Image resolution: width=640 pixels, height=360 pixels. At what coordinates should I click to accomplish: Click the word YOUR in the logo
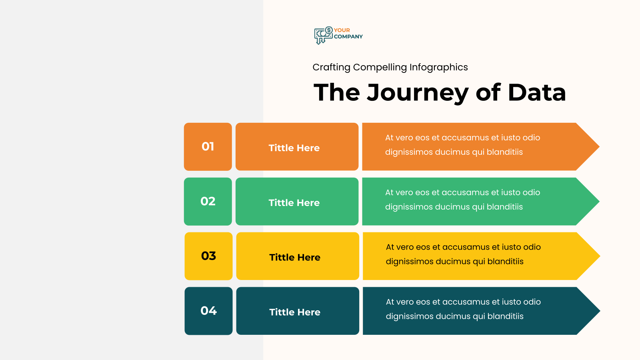point(342,30)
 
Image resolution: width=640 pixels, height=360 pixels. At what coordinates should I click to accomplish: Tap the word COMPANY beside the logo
point(348,36)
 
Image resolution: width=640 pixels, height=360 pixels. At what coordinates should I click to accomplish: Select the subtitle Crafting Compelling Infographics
point(390,68)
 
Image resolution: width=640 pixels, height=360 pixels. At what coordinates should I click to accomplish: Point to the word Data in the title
point(536,92)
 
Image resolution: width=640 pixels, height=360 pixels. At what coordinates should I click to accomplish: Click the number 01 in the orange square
point(208,146)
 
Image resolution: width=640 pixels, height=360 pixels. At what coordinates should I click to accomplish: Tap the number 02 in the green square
point(208,202)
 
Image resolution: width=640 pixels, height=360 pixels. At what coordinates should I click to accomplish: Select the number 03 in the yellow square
point(208,256)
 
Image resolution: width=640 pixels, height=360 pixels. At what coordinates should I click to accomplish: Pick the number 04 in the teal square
point(208,311)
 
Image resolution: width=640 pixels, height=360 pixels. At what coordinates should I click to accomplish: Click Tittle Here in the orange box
point(294,148)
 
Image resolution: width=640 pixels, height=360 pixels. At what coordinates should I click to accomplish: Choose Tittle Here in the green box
point(294,203)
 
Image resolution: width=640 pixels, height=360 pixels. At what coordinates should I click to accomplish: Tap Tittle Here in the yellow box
point(294,258)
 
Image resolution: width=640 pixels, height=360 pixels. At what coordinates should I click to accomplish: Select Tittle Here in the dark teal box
point(294,312)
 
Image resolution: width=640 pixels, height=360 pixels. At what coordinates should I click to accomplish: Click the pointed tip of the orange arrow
point(599,146)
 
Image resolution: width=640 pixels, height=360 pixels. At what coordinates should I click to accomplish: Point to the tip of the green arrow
point(599,202)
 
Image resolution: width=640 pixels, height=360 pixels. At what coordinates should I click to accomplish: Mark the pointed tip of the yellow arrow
point(600,256)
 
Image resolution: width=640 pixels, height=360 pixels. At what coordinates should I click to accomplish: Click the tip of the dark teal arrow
point(600,311)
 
